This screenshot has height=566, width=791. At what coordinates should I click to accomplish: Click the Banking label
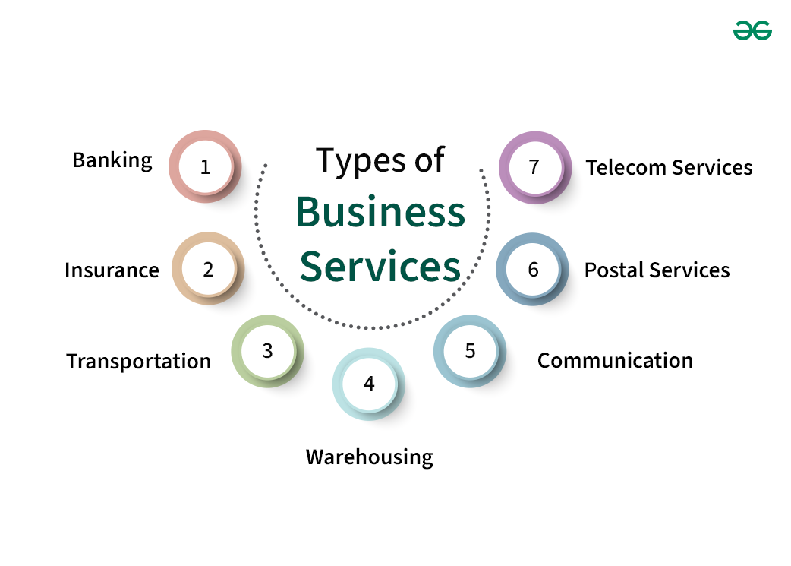click(x=112, y=160)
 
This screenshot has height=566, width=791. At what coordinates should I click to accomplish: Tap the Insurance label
click(x=112, y=270)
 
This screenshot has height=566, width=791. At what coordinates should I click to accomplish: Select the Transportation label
click(x=138, y=361)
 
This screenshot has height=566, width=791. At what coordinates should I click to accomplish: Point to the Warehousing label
click(x=369, y=457)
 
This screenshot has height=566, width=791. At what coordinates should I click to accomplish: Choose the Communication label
click(x=615, y=360)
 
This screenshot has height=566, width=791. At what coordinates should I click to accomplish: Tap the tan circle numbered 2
click(x=208, y=268)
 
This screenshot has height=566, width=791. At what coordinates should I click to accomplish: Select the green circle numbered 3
click(x=267, y=351)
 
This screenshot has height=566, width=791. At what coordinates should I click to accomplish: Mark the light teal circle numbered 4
click(x=369, y=384)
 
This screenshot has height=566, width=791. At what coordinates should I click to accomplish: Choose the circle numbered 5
click(x=470, y=351)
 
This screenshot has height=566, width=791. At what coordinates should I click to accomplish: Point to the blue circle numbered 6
click(x=533, y=269)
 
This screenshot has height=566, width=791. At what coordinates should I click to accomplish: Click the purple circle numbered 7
click(x=534, y=167)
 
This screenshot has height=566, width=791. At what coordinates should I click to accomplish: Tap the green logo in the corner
click(x=752, y=30)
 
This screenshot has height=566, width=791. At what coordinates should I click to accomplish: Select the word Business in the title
click(x=380, y=213)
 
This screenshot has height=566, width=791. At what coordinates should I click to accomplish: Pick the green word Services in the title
click(x=380, y=267)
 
